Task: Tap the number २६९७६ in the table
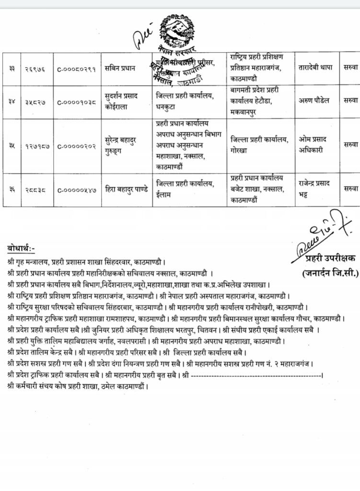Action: tap(35, 69)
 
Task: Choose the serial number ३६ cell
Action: tap(11, 190)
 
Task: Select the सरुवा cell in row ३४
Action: tap(351, 102)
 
